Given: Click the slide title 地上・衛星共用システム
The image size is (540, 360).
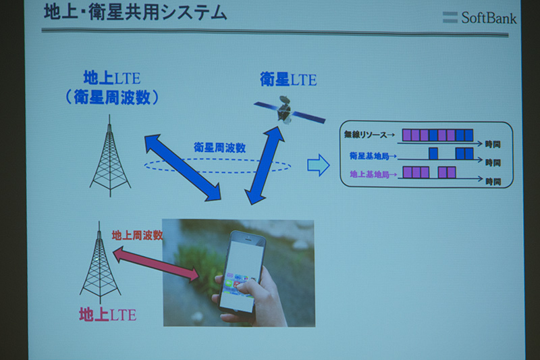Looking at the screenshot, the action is [x=136, y=13].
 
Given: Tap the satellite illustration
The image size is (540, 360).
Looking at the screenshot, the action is [x=290, y=110].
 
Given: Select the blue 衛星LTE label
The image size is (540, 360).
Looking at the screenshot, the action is [x=288, y=80].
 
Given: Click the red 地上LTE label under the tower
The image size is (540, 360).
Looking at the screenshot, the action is [x=108, y=315].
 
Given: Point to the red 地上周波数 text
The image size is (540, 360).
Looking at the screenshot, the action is [x=137, y=235].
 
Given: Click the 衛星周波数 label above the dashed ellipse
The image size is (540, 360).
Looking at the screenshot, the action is [x=220, y=147].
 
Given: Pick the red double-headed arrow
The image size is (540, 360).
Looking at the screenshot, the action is [x=156, y=264].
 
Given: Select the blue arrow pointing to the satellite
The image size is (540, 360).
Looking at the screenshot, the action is [x=265, y=165].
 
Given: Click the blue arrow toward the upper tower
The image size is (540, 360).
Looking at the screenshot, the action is [x=183, y=168].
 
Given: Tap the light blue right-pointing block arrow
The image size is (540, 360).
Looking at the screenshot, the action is [x=318, y=165].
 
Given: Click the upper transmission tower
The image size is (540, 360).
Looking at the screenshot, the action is [x=110, y=156].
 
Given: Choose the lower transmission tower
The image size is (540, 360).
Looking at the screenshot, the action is [x=100, y=263].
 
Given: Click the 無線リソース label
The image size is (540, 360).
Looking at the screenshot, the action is [x=369, y=134].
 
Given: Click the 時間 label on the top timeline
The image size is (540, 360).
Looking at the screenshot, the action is [x=493, y=144].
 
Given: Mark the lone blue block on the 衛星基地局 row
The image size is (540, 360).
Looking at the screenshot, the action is [x=433, y=153].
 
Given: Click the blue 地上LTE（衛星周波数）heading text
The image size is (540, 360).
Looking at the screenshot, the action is [x=112, y=88].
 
